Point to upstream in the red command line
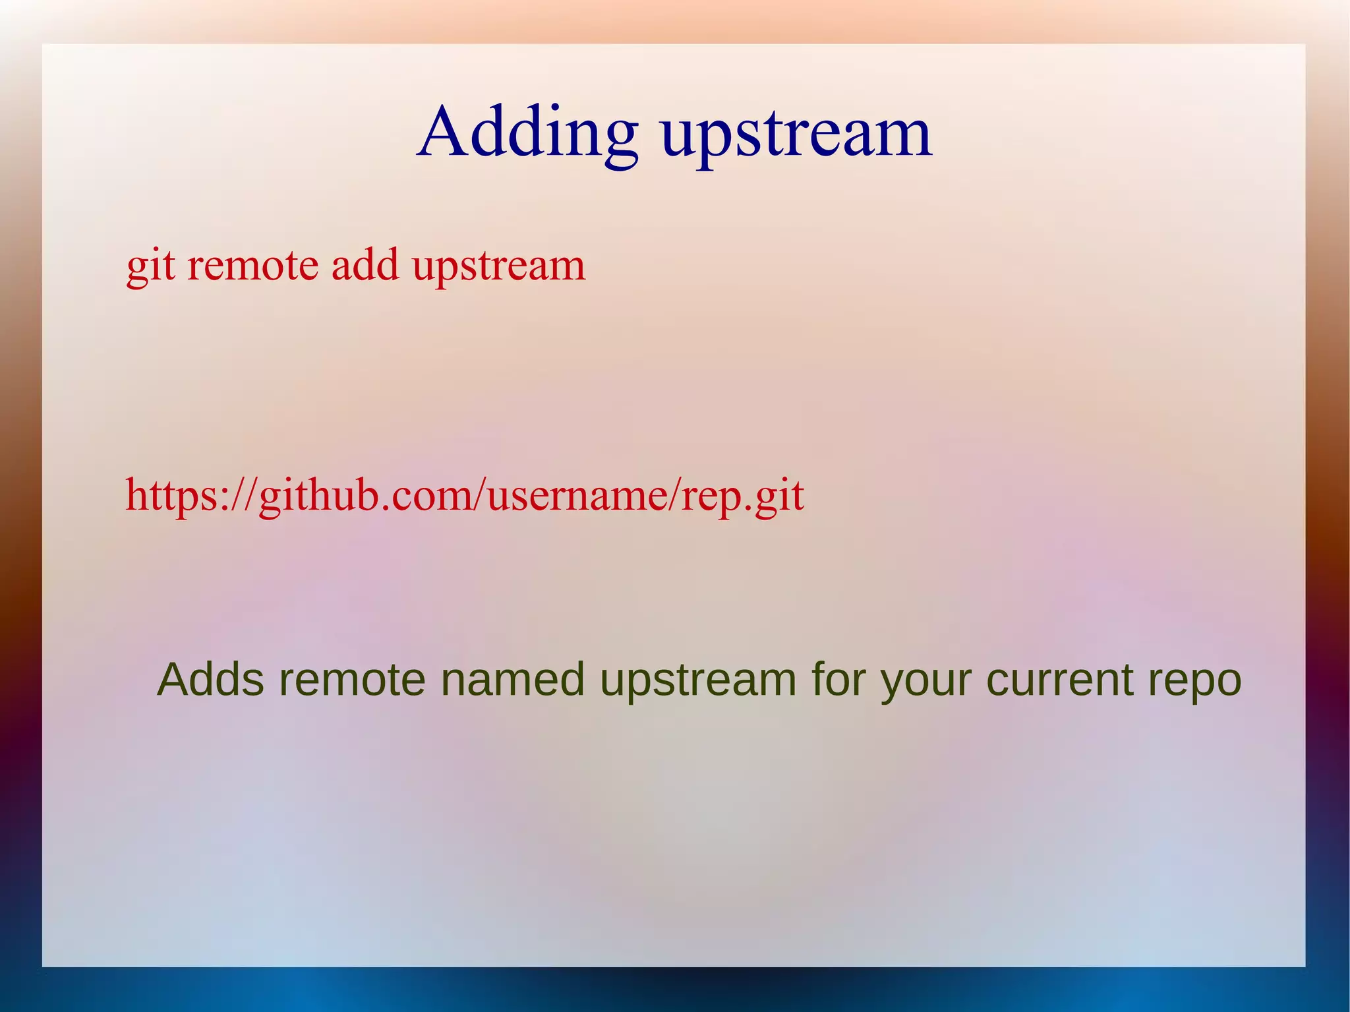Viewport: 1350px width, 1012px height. [x=498, y=267]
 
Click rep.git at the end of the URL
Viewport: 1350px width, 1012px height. [x=742, y=496]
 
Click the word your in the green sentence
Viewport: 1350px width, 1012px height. [x=925, y=681]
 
